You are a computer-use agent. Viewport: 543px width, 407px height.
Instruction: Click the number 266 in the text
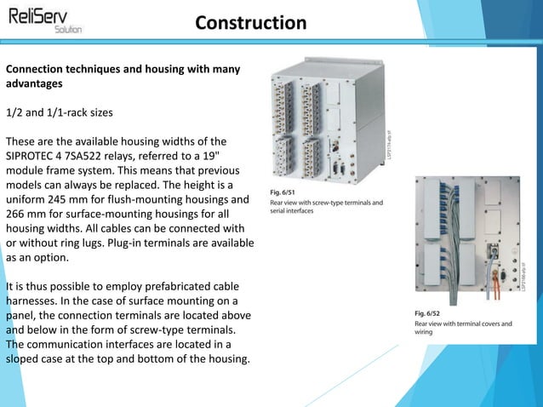[x=18, y=214]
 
